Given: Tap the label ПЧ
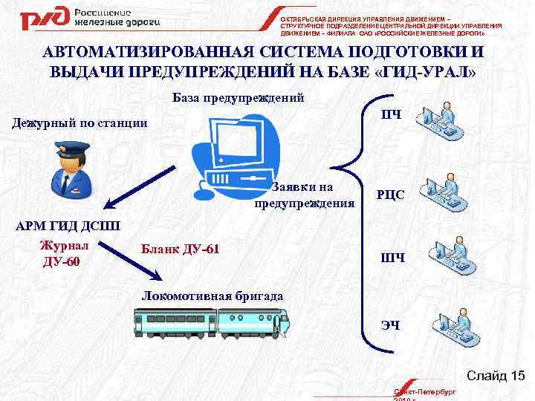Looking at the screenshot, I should tap(392, 114).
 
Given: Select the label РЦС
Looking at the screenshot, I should tap(392, 195).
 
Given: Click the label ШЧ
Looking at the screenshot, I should tap(392, 258).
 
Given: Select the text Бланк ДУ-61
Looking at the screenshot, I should tap(179, 248).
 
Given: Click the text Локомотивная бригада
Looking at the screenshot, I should tap(212, 296).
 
